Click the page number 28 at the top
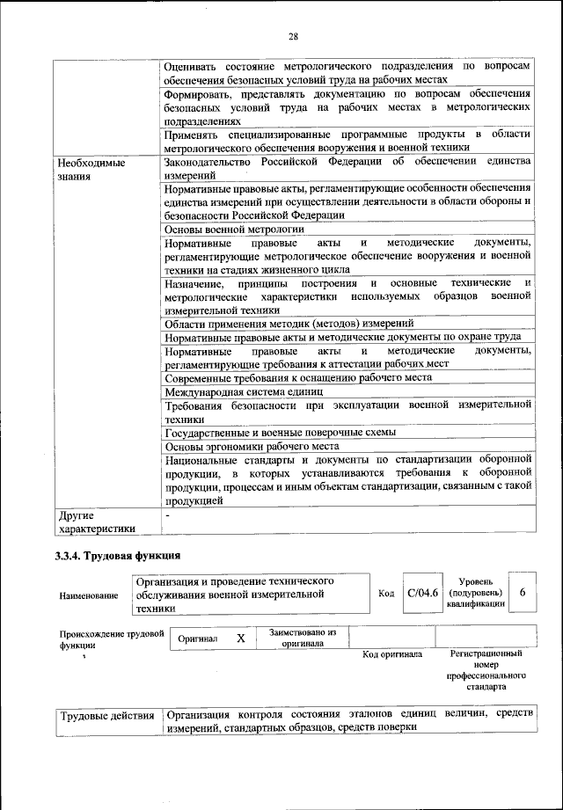(293, 36)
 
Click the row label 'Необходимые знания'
(91, 170)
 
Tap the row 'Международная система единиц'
(244, 390)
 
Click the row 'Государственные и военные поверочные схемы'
(280, 432)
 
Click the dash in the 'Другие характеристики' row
(167, 514)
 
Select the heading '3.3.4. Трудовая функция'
(118, 556)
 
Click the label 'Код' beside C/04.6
(385, 594)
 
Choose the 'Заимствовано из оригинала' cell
(303, 638)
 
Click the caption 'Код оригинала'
(392, 654)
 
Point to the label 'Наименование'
(89, 596)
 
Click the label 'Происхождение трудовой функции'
(111, 639)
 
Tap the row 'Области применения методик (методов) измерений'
(283, 323)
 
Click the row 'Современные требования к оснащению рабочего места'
(297, 377)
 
